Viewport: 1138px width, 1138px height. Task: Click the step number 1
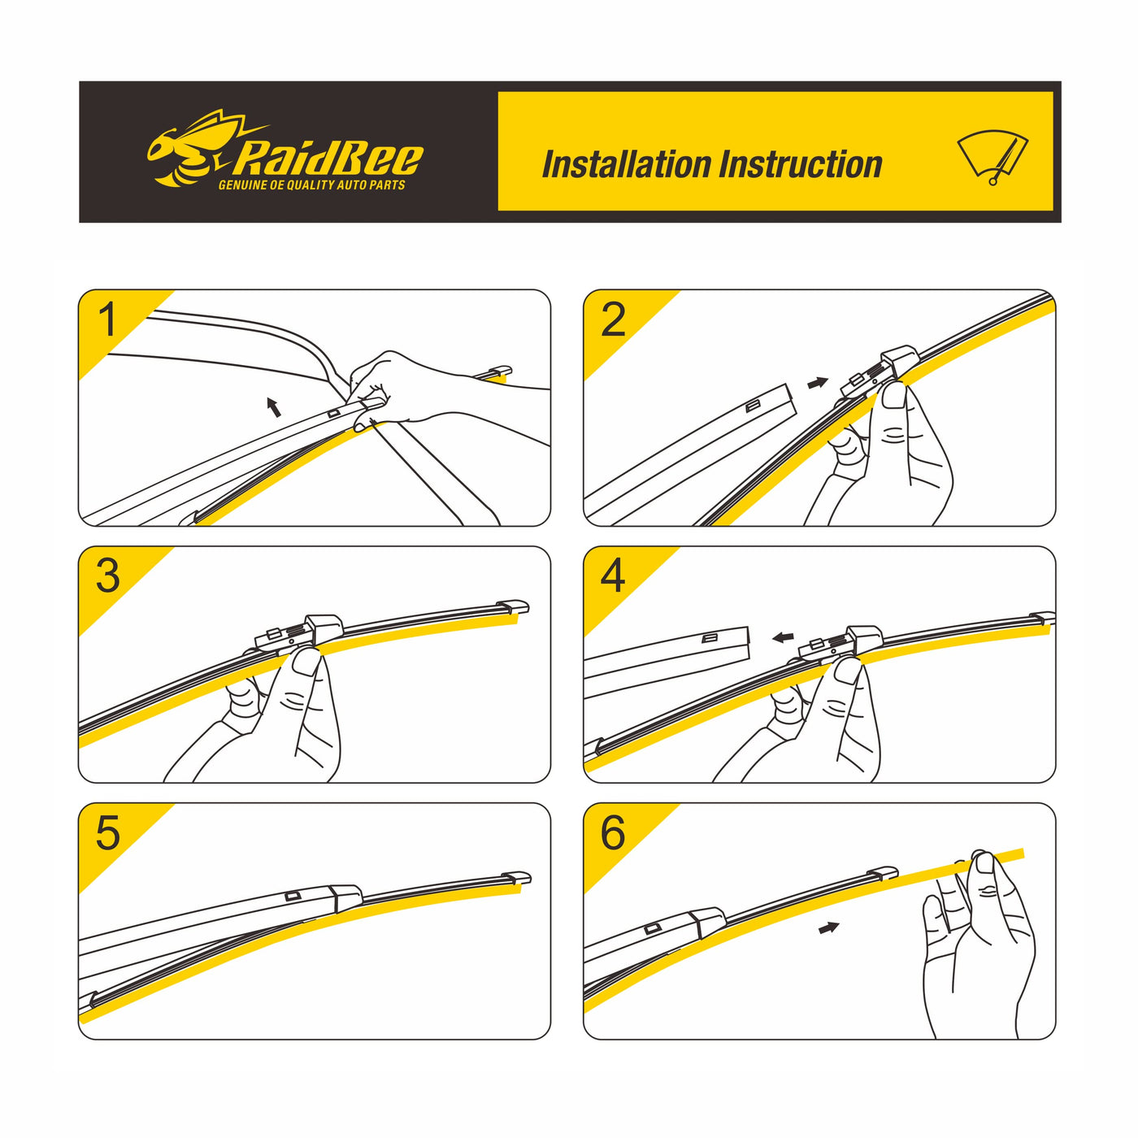107,320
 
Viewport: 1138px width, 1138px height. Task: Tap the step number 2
613,320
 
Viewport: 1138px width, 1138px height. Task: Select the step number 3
107,576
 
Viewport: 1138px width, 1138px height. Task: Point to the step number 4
613,576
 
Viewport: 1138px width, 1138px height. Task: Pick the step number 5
107,833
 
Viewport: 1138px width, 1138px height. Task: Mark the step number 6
613,833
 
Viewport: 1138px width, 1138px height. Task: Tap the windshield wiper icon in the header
993,157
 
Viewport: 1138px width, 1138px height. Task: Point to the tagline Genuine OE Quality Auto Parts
311,186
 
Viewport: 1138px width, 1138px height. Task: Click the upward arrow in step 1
275,406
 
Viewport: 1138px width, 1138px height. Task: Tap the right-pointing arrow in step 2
818,382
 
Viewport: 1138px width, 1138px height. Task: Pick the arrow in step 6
828,927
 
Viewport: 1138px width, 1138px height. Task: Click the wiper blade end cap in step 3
513,607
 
